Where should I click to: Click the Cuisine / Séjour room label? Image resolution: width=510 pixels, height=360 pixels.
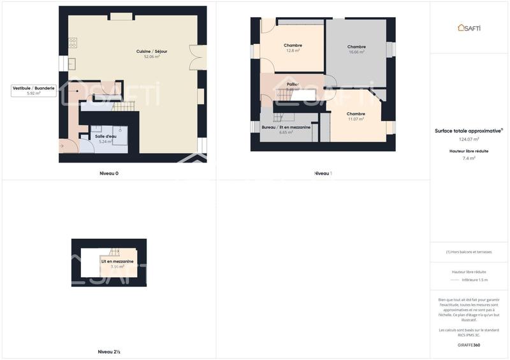coord(152,51)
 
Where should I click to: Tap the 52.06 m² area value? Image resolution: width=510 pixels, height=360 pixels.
coord(152,57)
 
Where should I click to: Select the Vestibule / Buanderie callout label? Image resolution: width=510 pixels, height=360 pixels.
coord(34,88)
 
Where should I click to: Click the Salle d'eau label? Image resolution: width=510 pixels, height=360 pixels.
coord(106,136)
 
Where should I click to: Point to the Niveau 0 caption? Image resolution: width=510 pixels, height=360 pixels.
coord(109,173)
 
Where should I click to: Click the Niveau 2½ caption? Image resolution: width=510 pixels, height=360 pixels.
coord(109,352)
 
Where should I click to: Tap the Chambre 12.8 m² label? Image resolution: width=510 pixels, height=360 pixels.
coord(293,45)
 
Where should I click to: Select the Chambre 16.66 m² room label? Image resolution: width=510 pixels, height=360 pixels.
coord(356,47)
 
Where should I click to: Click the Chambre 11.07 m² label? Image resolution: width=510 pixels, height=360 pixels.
coord(356,113)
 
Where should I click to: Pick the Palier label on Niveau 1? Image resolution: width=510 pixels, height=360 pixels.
coord(293,84)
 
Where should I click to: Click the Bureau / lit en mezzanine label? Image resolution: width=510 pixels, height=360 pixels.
coord(286,127)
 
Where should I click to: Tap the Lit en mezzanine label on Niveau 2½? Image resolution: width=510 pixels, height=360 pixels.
coord(117,261)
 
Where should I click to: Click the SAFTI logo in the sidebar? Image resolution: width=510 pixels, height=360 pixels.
coord(469,27)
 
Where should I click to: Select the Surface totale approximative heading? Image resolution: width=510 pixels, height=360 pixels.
coord(469,131)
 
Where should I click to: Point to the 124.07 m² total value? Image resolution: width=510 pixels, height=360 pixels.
coord(469,139)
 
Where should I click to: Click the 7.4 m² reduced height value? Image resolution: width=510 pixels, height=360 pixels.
coord(469,158)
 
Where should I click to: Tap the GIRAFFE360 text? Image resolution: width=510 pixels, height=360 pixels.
coord(469,345)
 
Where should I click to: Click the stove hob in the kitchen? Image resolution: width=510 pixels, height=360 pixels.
coord(73,43)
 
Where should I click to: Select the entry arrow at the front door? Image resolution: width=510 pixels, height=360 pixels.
coord(62,146)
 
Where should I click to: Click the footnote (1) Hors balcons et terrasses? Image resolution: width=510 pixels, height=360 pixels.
coord(469,252)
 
